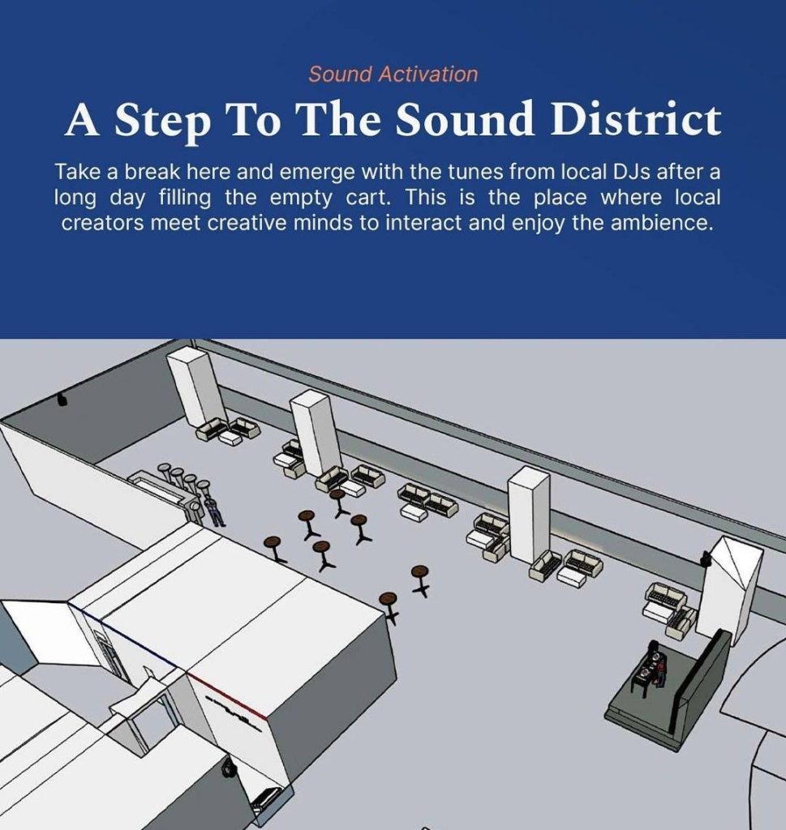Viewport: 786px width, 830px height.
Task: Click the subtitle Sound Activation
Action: pos(393,74)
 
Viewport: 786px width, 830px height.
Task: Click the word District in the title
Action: pos(636,118)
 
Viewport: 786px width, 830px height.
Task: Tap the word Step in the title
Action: pos(162,122)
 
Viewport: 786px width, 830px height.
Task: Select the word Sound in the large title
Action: pos(464,118)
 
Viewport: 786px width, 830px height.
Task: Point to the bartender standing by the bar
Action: pos(215,511)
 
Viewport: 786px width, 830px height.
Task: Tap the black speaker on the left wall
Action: pos(62,399)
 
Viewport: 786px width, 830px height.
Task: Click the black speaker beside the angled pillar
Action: pos(706,558)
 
